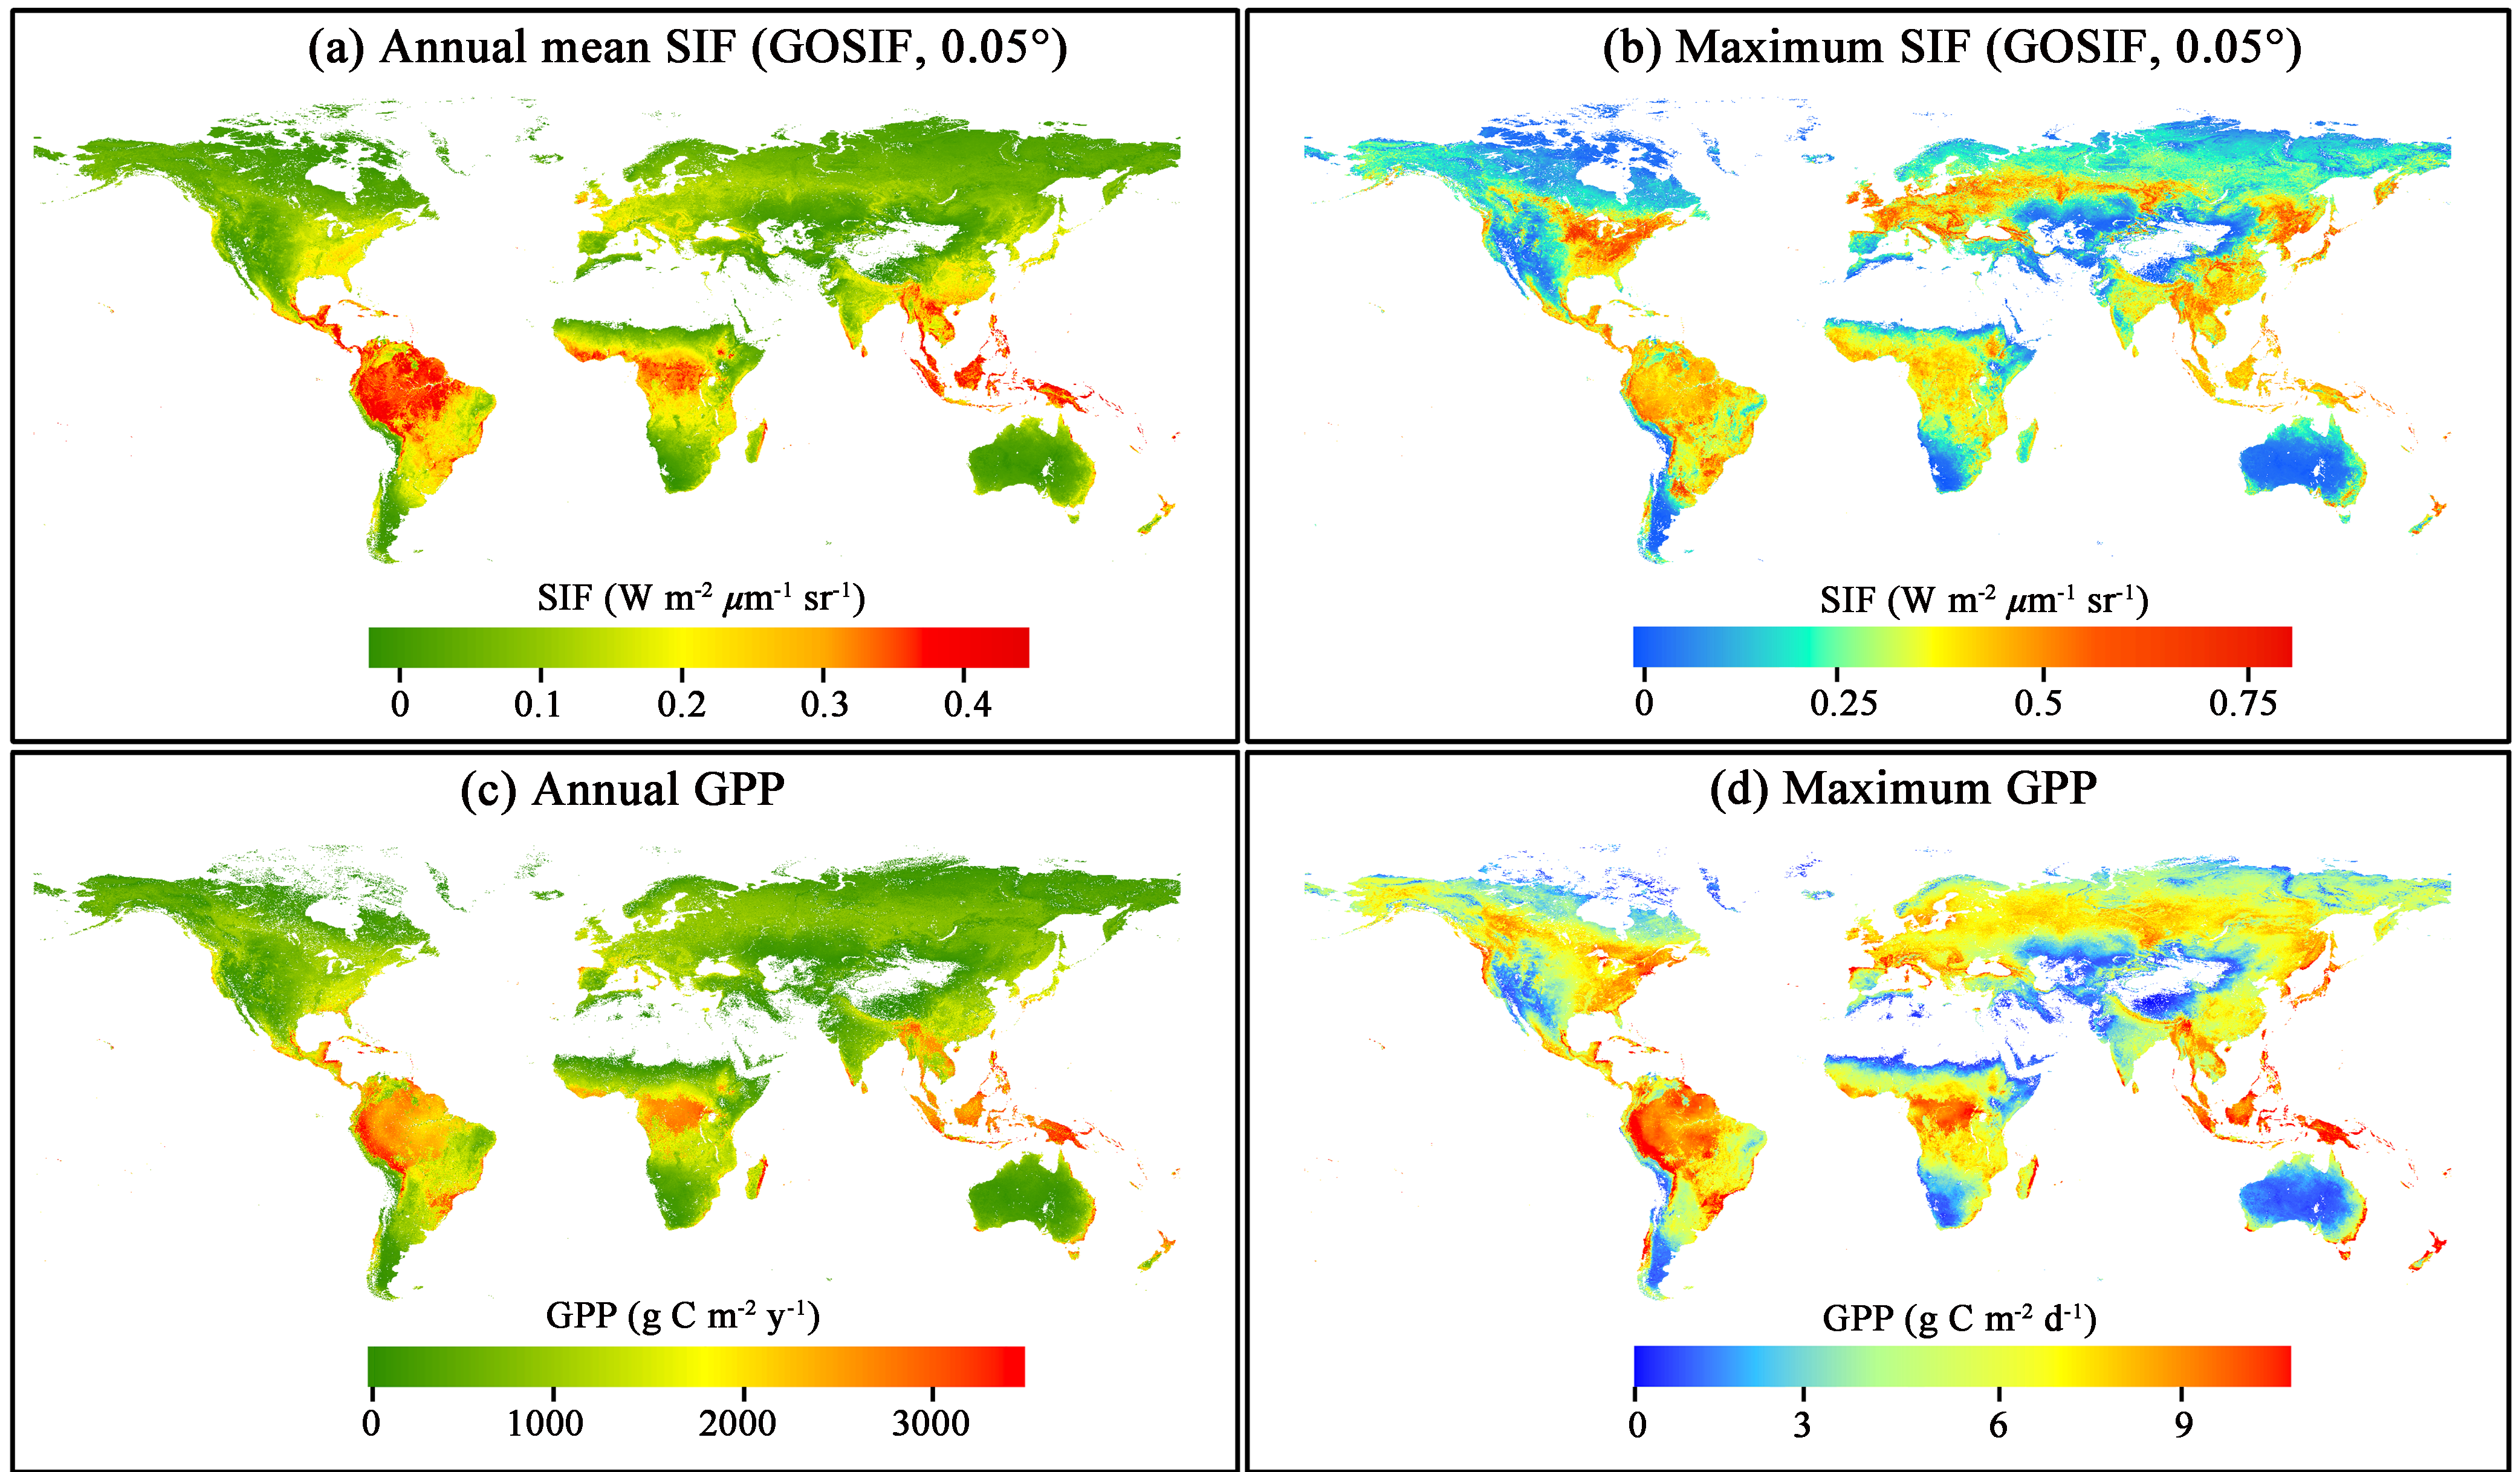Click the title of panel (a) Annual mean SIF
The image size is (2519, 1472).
(688, 48)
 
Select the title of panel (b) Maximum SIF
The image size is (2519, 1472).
(1951, 48)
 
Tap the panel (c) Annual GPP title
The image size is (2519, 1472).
(623, 789)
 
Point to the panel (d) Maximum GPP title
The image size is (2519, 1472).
(1903, 789)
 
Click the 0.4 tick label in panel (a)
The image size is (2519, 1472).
(967, 705)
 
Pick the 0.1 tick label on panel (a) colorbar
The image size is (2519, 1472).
(538, 705)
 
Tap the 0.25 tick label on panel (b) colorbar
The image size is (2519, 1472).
(1843, 703)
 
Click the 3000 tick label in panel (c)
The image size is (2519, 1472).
(930, 1423)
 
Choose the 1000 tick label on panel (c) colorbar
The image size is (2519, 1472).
(545, 1423)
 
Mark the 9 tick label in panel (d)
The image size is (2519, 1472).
(2183, 1424)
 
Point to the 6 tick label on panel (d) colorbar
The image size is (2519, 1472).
(1997, 1424)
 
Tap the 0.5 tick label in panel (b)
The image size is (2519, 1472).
(2037, 703)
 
